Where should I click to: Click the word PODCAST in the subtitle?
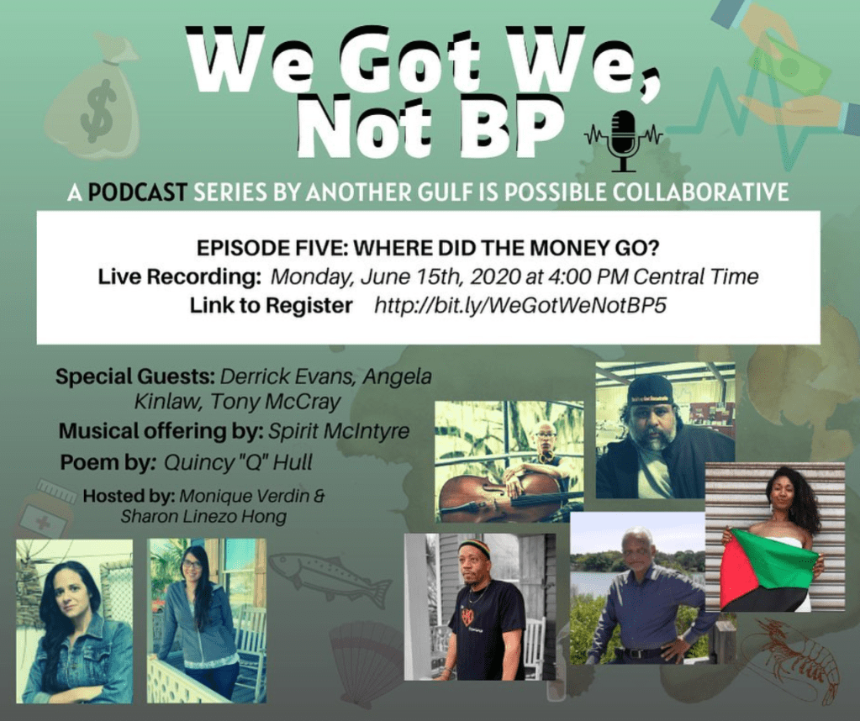tap(137, 192)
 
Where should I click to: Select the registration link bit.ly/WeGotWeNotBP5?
tap(520, 305)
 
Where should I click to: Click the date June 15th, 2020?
tap(440, 276)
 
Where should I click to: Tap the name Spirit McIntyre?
tap(339, 431)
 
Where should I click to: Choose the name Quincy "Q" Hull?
tap(239, 463)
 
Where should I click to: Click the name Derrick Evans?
tap(288, 377)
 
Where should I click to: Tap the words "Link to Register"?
tap(271, 305)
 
